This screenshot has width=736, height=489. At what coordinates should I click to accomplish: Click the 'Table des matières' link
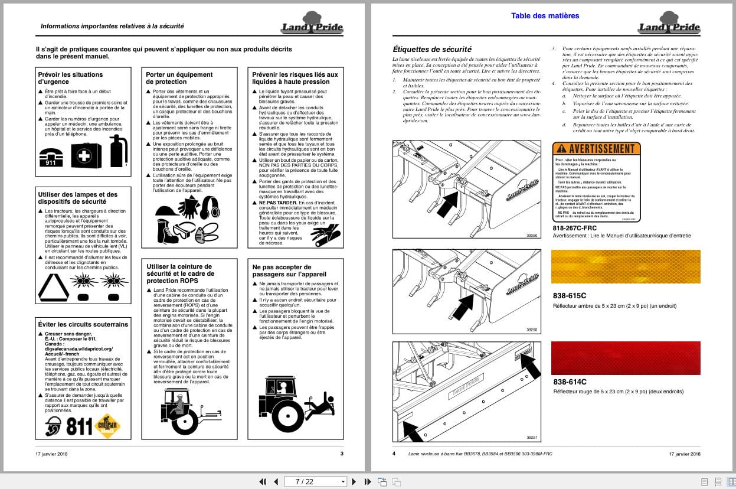point(545,16)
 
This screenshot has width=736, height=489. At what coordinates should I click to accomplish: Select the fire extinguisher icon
point(118,151)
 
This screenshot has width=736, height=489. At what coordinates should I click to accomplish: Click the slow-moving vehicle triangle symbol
point(54,288)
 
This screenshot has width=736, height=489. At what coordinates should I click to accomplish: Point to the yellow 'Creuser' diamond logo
point(107,425)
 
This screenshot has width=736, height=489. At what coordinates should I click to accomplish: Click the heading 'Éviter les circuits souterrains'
point(83,324)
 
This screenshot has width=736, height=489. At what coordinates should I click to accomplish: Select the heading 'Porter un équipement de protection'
point(179,78)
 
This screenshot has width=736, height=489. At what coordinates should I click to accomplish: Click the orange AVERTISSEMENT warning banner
point(596,149)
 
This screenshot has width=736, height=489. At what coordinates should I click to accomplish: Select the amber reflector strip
point(625,267)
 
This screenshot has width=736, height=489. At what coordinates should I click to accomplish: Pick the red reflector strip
point(625,358)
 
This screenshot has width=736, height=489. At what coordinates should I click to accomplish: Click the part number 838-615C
point(570,295)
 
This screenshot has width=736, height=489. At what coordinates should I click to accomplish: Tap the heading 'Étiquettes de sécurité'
point(432,49)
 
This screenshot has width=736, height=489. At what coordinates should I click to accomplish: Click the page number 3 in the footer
point(342,454)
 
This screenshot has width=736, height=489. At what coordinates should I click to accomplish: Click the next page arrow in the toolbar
point(354,481)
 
